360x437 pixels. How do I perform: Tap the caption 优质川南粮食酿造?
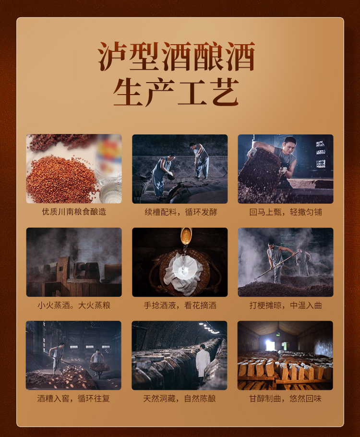[74, 212]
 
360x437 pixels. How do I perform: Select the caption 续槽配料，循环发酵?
[181, 212]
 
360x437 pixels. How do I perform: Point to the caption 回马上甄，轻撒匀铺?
[286, 212]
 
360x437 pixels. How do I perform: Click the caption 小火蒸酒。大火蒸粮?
[74, 305]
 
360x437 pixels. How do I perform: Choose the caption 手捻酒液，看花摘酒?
[180, 305]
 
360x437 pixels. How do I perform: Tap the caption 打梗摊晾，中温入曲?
[286, 305]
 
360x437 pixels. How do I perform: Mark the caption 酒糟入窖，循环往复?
[73, 399]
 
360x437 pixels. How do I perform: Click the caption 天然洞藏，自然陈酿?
[180, 399]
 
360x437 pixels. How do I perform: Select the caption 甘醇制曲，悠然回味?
[285, 399]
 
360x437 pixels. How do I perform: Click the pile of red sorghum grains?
[61, 178]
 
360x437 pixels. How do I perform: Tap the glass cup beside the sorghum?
[111, 193]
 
